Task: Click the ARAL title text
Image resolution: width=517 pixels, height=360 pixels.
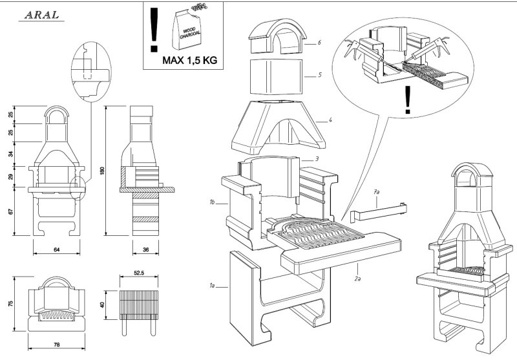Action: click(x=41, y=15)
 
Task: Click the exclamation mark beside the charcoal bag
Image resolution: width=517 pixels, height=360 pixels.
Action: click(x=154, y=29)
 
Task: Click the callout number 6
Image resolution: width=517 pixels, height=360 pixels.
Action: click(x=319, y=43)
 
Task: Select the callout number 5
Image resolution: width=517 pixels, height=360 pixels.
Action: click(x=319, y=75)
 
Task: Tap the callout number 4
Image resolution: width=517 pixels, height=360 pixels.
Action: click(x=330, y=120)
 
